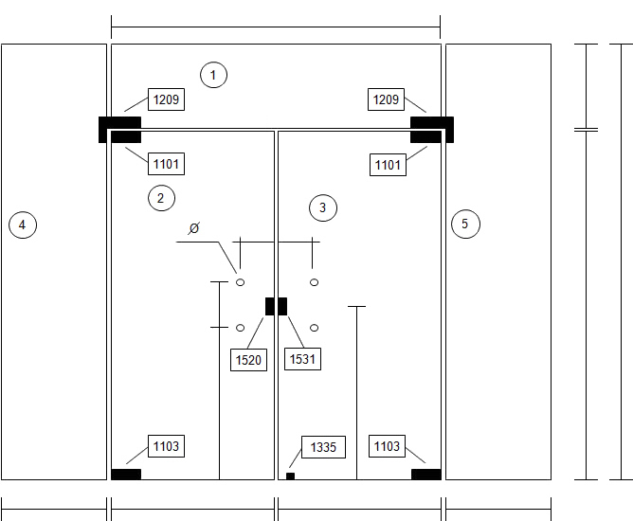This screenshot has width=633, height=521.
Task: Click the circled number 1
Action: tap(213, 75)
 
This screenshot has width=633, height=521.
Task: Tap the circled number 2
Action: tap(161, 198)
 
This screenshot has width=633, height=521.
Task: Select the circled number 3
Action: tap(323, 207)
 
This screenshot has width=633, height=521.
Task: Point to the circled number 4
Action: tap(23, 225)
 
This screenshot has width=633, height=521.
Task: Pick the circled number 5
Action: tap(465, 224)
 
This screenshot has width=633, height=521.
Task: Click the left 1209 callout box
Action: tap(167, 99)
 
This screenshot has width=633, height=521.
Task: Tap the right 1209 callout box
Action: tap(386, 99)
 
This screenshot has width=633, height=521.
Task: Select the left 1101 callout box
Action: tap(167, 164)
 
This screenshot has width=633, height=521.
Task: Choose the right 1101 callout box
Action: tap(388, 165)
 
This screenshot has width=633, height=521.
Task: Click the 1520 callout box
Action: tap(248, 360)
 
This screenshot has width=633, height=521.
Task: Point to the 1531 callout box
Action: tap(303, 359)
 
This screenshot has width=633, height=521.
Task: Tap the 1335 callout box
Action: tap(323, 447)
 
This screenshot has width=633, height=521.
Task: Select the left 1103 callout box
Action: tap(167, 446)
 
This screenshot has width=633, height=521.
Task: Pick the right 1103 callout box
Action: tap(387, 446)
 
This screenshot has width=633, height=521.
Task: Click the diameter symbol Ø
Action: tap(194, 228)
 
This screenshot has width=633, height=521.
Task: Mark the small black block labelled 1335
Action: tap(290, 476)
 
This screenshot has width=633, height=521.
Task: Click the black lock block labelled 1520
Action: tap(270, 306)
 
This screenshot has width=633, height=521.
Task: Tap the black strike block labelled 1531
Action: tap(282, 306)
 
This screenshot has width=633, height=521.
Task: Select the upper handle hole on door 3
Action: tap(314, 282)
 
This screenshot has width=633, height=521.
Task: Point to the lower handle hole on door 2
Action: tap(240, 328)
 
